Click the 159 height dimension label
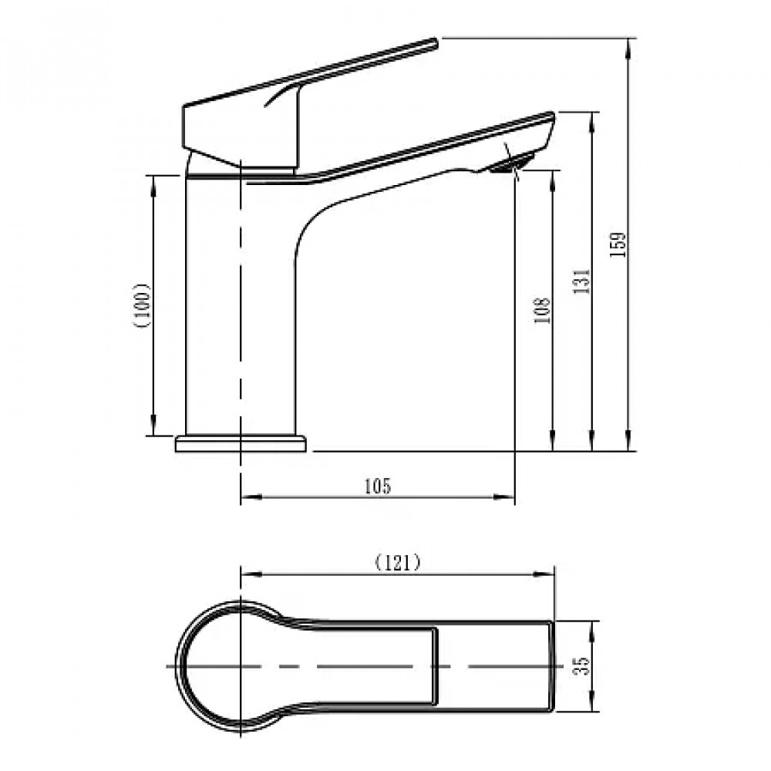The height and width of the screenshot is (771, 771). [x=618, y=244]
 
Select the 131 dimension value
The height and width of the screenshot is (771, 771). [x=581, y=281]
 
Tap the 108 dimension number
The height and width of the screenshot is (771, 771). [x=541, y=310]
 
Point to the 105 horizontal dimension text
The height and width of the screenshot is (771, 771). [x=378, y=486]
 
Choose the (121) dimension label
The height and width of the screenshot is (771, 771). [x=398, y=562]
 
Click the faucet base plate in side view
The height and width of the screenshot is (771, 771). [x=241, y=443]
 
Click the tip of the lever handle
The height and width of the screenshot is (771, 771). [x=435, y=42]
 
